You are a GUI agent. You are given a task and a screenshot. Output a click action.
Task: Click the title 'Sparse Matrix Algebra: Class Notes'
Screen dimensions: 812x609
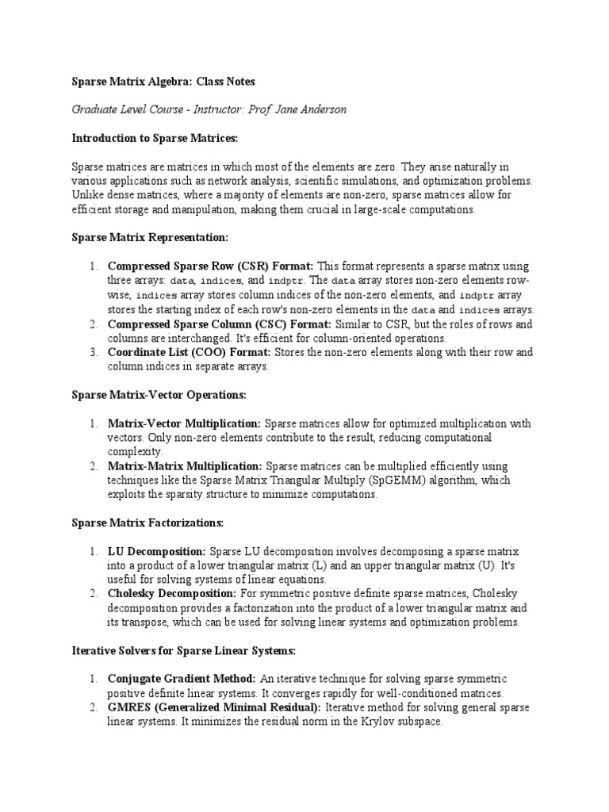164,82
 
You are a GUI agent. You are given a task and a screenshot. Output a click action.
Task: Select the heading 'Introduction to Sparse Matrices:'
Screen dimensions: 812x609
155,138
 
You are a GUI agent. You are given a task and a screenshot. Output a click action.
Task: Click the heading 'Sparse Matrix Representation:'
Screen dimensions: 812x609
150,237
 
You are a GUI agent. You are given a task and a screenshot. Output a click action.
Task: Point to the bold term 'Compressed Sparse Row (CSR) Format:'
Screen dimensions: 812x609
210,266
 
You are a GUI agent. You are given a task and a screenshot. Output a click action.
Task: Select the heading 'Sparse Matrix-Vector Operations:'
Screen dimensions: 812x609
159,394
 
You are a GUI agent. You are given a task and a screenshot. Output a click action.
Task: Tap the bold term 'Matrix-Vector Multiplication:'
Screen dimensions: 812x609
184,423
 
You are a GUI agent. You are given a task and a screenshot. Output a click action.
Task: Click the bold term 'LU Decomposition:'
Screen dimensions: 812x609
157,550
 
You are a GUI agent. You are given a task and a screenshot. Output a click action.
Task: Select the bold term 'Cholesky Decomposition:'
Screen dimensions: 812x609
171,593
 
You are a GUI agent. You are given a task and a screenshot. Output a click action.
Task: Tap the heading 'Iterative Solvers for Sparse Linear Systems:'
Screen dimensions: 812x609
184,650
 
